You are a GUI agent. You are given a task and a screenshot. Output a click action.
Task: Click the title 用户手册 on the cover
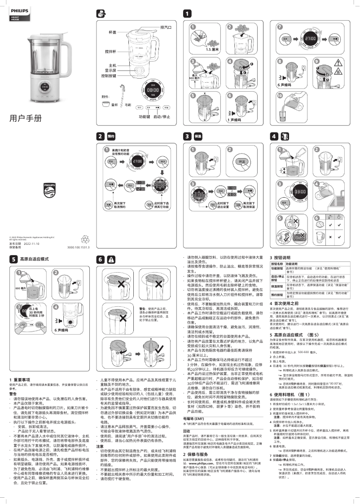coord(25,119)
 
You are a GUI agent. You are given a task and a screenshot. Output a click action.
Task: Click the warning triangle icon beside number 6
coord(110,259)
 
